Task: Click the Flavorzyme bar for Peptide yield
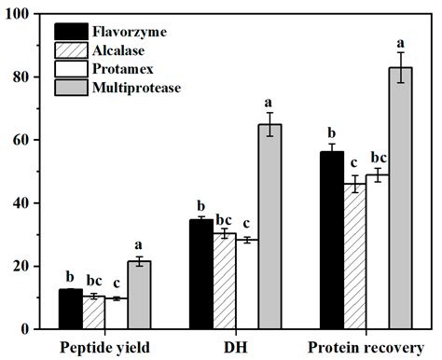point(70,309)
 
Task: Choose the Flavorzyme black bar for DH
point(200,274)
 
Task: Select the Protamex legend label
point(119,71)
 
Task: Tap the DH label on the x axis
point(234,348)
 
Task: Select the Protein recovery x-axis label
point(366,348)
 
